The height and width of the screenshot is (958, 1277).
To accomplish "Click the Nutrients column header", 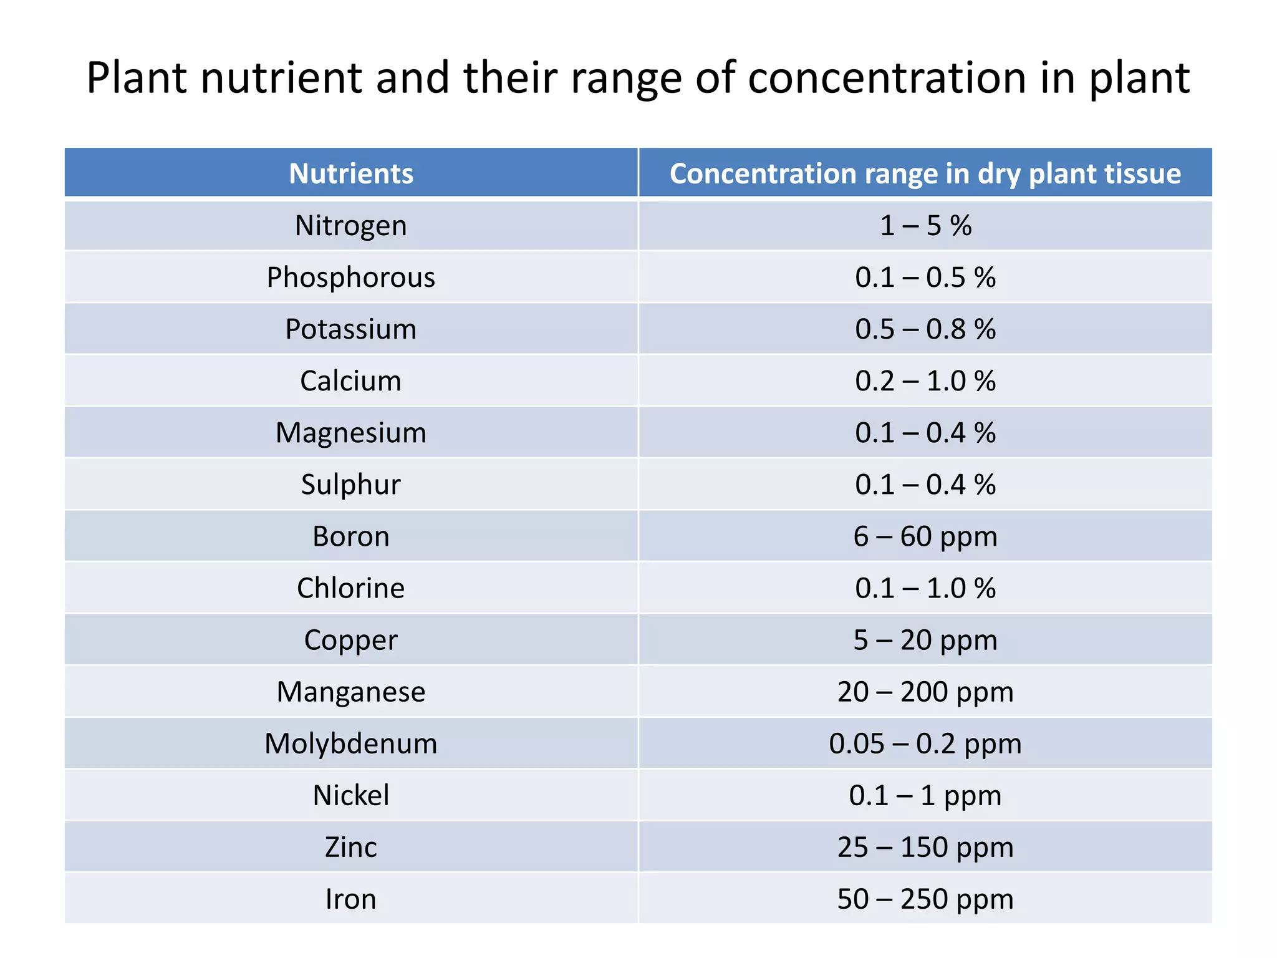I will tap(351, 173).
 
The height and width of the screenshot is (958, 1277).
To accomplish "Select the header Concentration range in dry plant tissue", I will tap(925, 173).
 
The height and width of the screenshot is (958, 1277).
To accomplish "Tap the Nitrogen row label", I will tap(351, 225).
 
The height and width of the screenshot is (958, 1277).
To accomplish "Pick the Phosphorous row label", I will tap(351, 278).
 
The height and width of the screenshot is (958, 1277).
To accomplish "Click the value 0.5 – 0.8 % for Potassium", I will tap(925, 329).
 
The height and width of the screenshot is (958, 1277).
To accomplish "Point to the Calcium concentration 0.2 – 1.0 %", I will tap(925, 381).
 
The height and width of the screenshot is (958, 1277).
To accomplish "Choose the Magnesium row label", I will tap(351, 433).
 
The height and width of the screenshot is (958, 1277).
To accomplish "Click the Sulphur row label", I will tap(351, 485).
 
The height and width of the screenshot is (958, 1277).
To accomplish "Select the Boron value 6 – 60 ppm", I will tap(925, 536).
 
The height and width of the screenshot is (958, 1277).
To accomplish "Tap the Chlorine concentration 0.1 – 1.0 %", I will tap(925, 588).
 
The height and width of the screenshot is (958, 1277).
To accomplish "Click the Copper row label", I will tap(351, 640).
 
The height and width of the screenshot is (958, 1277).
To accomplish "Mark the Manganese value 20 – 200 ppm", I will tap(925, 692).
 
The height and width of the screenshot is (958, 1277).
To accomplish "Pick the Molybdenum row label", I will tap(351, 743).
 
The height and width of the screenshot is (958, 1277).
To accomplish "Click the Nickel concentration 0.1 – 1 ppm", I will tap(925, 795).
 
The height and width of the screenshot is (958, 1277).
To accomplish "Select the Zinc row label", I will tap(351, 847).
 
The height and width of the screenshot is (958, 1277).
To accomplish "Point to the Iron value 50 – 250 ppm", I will tap(925, 899).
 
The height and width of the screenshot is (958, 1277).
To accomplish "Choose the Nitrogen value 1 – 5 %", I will tap(925, 225).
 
